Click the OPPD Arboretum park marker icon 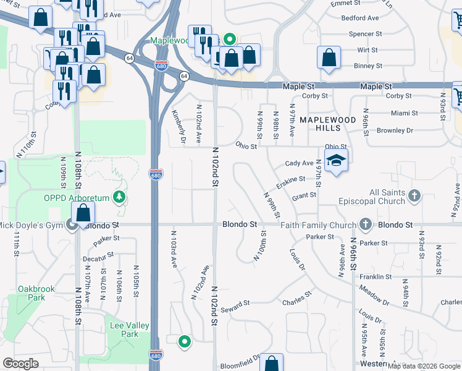tap(120, 198)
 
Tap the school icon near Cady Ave tap(336, 161)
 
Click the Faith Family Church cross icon tap(366, 224)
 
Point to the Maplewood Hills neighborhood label tap(320, 122)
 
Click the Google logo tap(20, 364)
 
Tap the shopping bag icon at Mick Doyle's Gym tap(83, 214)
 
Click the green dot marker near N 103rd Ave tap(184, 341)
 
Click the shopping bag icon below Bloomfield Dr tap(271, 364)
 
